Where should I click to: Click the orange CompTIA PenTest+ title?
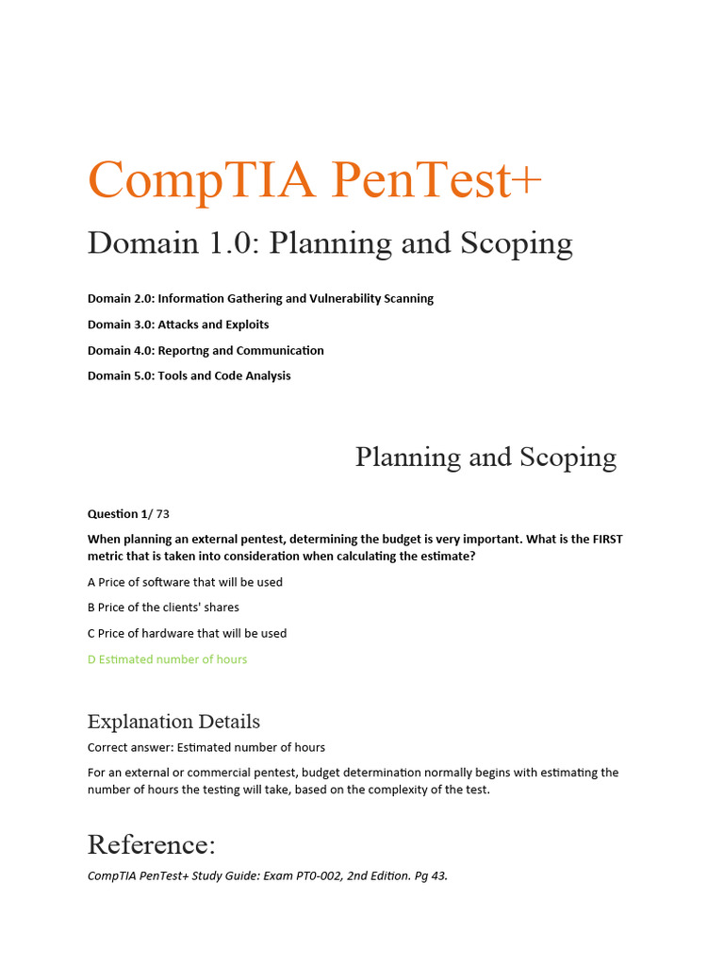315,179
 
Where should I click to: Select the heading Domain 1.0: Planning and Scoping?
330,243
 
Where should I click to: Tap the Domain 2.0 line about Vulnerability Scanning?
260,298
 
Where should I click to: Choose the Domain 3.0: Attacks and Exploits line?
178,325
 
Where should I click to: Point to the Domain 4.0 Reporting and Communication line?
206,350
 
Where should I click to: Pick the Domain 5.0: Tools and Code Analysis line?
189,375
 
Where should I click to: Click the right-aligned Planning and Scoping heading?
485,458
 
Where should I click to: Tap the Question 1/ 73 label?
128,514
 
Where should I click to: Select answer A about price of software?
185,582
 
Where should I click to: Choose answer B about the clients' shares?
163,608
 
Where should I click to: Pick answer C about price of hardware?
187,633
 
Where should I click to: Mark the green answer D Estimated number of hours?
167,659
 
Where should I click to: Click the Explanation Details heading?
173,722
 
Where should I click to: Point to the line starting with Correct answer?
206,747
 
